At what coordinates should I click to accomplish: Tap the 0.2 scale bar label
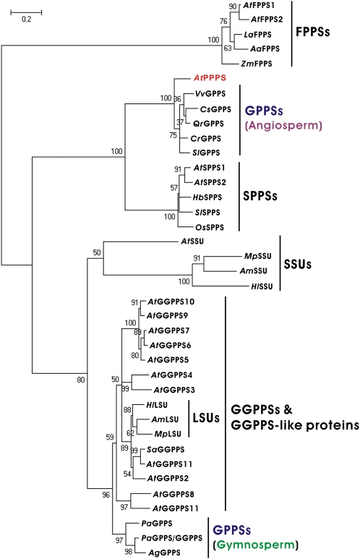25,20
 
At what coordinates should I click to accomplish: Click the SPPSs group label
271,196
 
